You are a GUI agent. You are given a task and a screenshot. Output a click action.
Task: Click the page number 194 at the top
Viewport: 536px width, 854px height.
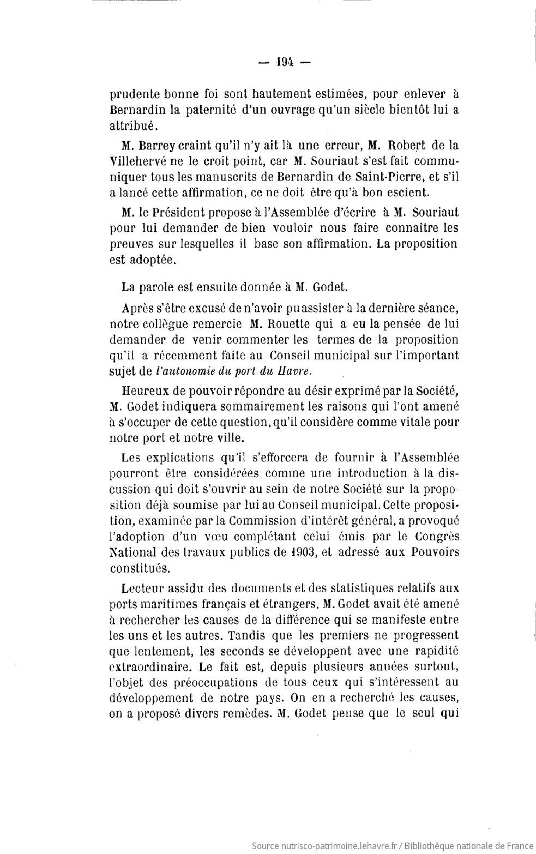(284, 62)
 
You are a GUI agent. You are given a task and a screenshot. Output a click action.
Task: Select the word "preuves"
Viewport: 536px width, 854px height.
(131, 244)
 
